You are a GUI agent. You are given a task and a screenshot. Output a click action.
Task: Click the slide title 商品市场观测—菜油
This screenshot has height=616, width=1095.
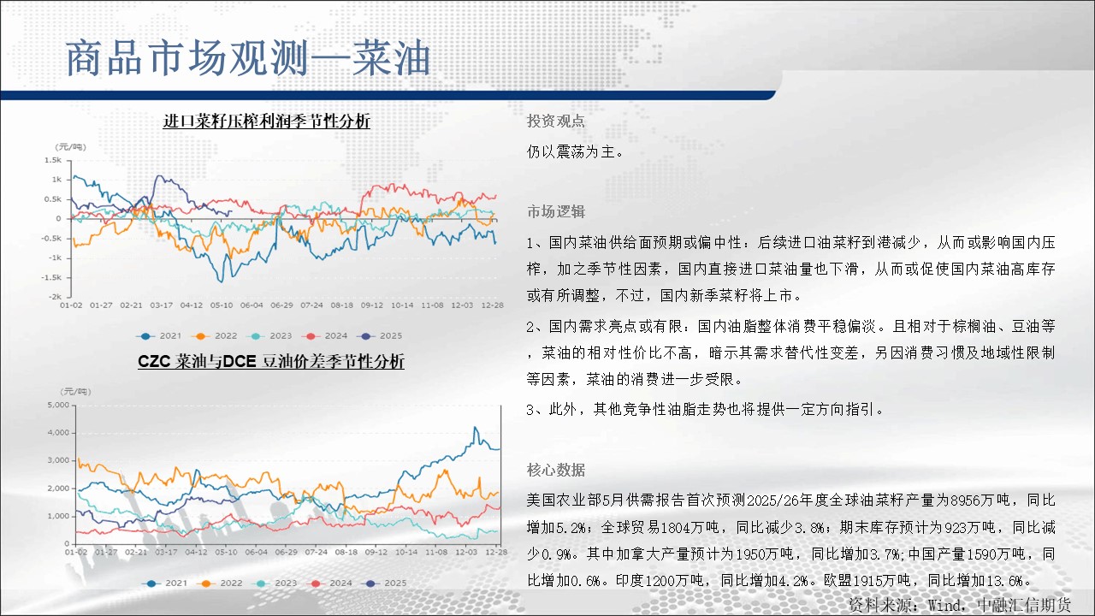tap(248, 59)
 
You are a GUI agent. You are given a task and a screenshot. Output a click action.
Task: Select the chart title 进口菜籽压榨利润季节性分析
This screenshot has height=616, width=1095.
tap(266, 121)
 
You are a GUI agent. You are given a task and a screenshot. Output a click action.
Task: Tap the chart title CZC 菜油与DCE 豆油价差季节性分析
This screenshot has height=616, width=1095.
tap(271, 361)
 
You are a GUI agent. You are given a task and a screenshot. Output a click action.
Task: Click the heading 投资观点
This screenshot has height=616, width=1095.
tap(555, 121)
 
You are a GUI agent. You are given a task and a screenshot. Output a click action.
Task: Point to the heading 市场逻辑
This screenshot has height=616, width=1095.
tap(556, 211)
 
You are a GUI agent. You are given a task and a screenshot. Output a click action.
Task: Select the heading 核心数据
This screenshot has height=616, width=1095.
tap(556, 470)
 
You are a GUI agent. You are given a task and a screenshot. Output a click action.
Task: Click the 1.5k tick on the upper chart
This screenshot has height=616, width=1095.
tap(53, 160)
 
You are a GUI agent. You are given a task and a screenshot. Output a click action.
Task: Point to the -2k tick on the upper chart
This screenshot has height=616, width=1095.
tap(55, 297)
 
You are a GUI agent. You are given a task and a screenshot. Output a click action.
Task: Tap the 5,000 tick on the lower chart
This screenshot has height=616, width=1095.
tap(58, 405)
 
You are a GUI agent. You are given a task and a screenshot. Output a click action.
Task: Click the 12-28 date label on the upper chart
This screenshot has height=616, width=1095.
tap(492, 305)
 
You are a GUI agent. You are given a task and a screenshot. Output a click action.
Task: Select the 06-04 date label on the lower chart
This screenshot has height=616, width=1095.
tap(256, 552)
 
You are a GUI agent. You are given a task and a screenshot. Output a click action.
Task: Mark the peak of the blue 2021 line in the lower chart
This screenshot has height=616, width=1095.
tap(475, 427)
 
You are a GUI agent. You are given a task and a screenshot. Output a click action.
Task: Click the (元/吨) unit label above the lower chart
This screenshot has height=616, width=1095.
tap(75, 392)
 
